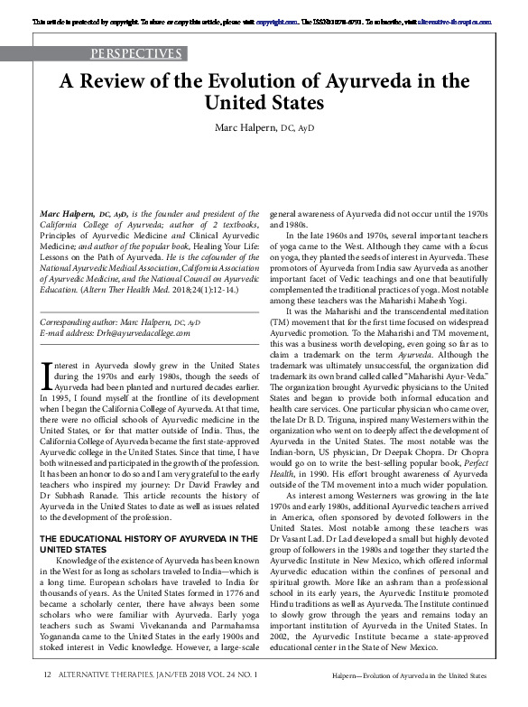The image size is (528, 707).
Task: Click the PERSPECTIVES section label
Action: click(x=138, y=53)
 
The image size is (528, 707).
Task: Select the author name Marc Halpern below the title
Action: click(x=251, y=129)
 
